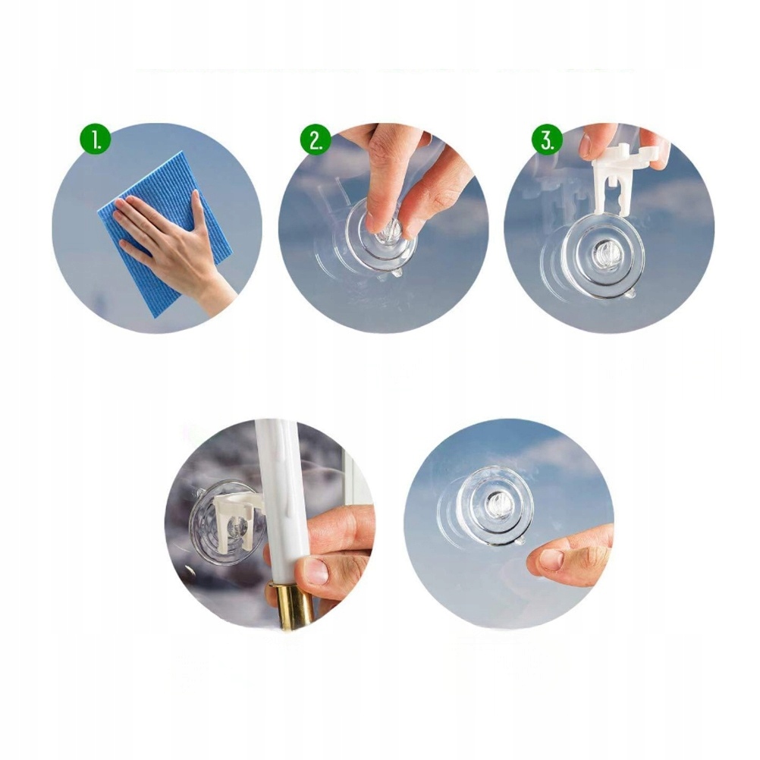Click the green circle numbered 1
click(x=96, y=140)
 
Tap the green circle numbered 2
click(x=316, y=140)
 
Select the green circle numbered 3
click(x=548, y=140)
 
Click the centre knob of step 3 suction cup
click(x=604, y=253)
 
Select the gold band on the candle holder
click(x=290, y=606)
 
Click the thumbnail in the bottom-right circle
click(x=551, y=559)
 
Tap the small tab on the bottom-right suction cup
click(x=519, y=540)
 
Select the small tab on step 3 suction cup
click(x=630, y=294)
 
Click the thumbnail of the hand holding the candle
click(x=315, y=571)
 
